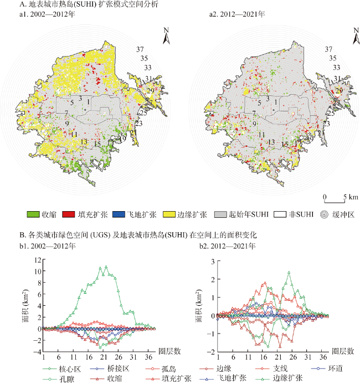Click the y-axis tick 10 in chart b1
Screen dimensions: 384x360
click(37, 271)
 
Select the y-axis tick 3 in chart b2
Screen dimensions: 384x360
click(213, 260)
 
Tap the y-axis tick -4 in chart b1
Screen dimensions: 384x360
click(37, 352)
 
